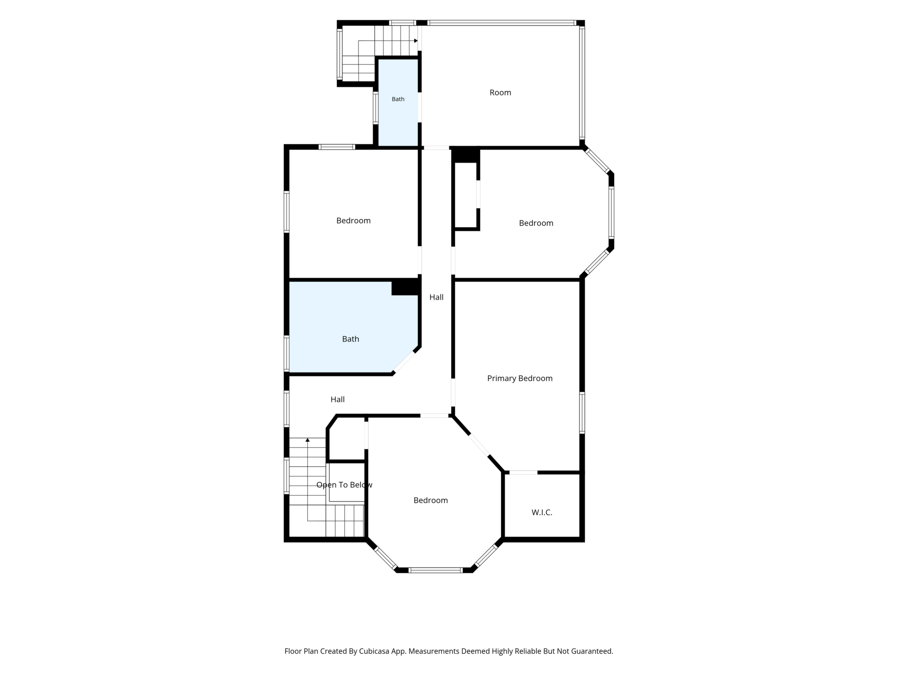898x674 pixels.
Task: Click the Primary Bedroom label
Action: click(x=520, y=379)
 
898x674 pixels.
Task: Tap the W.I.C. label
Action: click(x=542, y=513)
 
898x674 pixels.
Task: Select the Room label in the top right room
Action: click(x=500, y=93)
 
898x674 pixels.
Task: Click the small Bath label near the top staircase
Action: click(x=398, y=99)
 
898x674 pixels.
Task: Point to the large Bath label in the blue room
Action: click(x=351, y=339)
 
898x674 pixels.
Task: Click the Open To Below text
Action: click(x=344, y=485)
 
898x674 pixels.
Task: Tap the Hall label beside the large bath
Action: click(x=436, y=297)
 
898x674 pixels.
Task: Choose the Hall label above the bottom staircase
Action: click(x=338, y=400)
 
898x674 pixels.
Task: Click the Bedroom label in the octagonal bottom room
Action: click(x=431, y=500)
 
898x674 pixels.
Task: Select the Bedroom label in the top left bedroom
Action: click(x=354, y=221)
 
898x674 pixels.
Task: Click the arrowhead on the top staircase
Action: click(x=416, y=41)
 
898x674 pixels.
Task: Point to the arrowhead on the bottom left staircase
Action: click(x=308, y=440)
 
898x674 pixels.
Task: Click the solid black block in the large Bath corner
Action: click(x=405, y=287)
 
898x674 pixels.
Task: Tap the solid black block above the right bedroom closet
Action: click(x=466, y=155)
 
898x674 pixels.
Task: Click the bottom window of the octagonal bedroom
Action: click(x=436, y=570)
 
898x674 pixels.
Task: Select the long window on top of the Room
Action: click(x=502, y=23)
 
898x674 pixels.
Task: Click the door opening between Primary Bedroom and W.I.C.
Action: click(x=523, y=472)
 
